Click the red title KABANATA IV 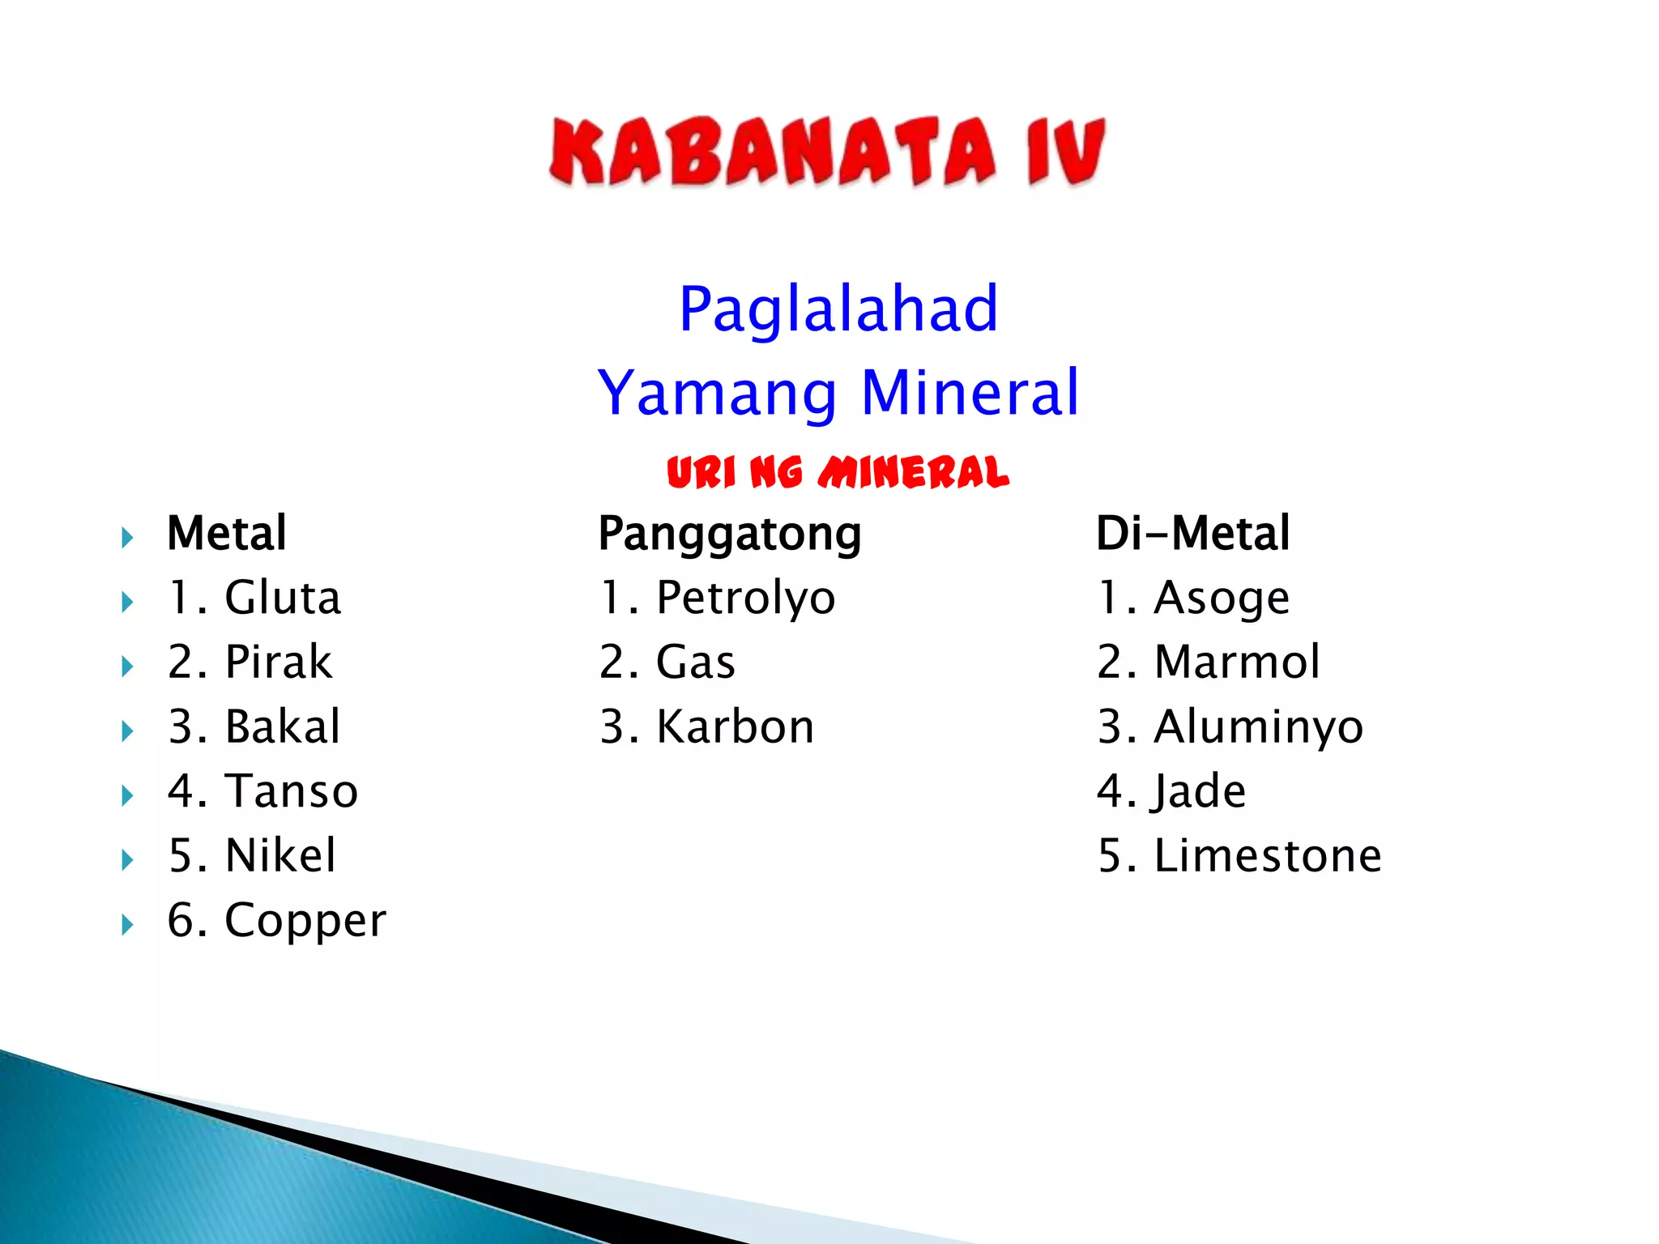tap(826, 152)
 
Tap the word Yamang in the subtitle tap(717, 393)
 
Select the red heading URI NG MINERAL tap(838, 473)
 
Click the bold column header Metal tap(227, 534)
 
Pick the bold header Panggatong tap(729, 535)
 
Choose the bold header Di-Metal tap(1192, 534)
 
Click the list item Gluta tap(283, 599)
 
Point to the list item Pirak tap(279, 662)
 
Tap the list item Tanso tap(292, 791)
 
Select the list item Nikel tap(280, 856)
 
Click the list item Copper tap(305, 921)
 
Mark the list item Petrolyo tap(745, 599)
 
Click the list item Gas tap(696, 662)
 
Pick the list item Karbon tap(735, 727)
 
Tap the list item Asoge tap(1222, 599)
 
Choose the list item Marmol tap(1237, 662)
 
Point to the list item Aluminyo tap(1259, 727)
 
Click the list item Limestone tap(1268, 856)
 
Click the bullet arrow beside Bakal tap(127, 731)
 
